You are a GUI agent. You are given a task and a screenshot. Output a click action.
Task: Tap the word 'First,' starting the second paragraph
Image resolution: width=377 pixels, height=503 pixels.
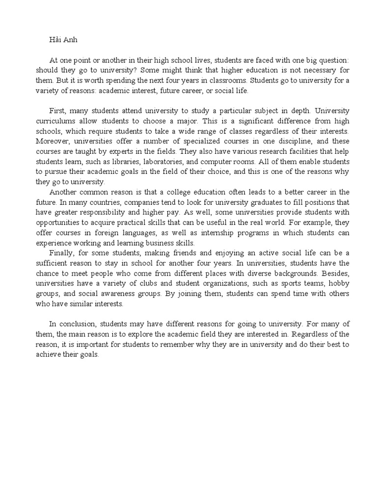click(58, 112)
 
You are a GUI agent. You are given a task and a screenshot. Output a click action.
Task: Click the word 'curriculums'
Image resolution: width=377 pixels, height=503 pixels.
click(57, 121)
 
